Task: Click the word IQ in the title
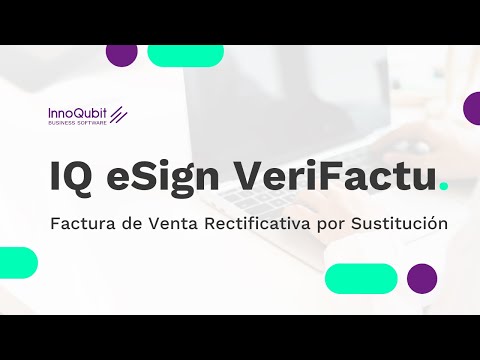point(70,177)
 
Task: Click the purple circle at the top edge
point(121,54)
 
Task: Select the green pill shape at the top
point(185,55)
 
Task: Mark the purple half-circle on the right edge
point(472,107)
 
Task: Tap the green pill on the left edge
point(17,262)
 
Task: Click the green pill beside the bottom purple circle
point(361,278)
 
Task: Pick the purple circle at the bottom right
point(422,278)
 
